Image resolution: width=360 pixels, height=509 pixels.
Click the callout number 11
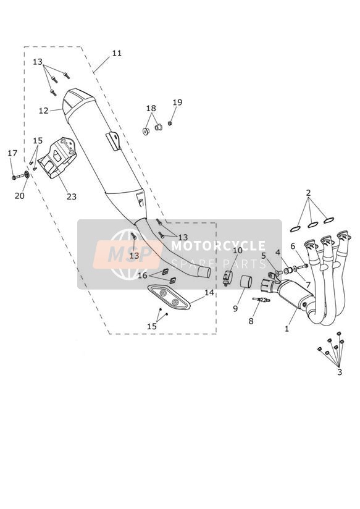click(117, 53)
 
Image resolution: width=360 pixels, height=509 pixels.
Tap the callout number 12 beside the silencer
click(43, 111)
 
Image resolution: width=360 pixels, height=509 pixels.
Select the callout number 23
click(72, 196)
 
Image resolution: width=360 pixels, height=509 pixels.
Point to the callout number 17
click(12, 153)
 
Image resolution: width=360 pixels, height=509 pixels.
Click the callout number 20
click(20, 196)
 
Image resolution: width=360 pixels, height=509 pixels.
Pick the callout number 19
click(177, 103)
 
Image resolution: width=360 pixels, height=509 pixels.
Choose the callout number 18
click(151, 108)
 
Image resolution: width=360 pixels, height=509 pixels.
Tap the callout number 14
click(209, 292)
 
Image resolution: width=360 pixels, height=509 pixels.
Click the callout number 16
click(143, 276)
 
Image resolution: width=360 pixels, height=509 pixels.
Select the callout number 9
click(235, 308)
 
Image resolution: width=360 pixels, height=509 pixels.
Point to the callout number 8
click(251, 321)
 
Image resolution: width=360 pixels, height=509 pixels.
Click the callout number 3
click(340, 372)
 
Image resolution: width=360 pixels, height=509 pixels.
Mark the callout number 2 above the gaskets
click(308, 193)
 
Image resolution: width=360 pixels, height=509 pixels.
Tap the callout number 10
click(238, 251)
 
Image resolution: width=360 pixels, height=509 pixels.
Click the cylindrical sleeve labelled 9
click(246, 281)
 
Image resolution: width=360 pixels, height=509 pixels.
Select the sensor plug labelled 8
click(261, 300)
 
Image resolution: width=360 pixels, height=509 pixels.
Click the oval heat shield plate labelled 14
click(169, 297)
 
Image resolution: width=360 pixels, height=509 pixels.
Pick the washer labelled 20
click(27, 175)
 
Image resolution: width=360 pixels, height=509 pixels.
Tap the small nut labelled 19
click(169, 124)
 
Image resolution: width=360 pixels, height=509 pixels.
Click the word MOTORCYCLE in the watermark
click(218, 246)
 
